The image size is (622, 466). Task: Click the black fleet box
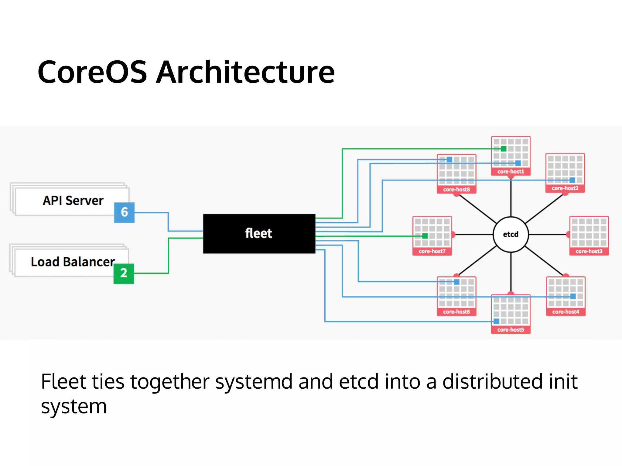coord(259,234)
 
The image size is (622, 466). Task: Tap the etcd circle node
coord(511,234)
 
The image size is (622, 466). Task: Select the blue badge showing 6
coord(124,212)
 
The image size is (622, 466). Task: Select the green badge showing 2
coord(124,273)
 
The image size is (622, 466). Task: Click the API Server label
coord(73,201)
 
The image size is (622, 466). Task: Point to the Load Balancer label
coord(73,262)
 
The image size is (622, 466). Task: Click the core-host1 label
coord(511,172)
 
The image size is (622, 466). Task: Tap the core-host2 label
coord(565,188)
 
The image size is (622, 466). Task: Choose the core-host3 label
coord(589,251)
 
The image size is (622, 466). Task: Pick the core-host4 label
coord(566,312)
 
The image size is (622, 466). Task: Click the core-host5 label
coord(511,330)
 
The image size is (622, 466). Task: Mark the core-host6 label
coord(456,312)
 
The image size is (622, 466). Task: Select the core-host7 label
coord(432,251)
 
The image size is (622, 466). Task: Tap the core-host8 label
coord(456,190)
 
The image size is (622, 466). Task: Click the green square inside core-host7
coord(425,236)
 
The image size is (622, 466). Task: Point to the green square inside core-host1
coord(504,149)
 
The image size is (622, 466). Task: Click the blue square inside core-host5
coord(496,321)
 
